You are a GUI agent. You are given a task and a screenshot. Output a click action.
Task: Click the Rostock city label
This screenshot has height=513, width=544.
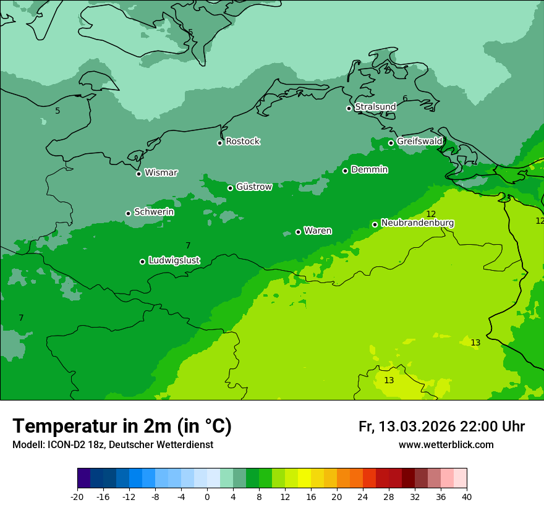[x=243, y=142]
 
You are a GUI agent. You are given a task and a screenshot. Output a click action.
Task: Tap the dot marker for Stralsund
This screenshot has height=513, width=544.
[x=349, y=108]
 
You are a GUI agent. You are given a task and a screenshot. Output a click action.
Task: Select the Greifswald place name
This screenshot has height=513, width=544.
[x=420, y=142]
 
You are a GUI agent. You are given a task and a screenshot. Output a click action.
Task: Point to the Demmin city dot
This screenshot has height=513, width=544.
[x=345, y=171]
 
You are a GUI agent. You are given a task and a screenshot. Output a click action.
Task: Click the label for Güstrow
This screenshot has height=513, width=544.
[x=254, y=187]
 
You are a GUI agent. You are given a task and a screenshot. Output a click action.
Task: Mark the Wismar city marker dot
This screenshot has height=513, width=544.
[x=138, y=174]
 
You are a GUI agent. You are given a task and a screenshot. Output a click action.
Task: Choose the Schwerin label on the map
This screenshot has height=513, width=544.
[x=154, y=212]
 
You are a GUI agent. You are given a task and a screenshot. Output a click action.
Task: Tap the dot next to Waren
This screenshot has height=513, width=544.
[x=298, y=232]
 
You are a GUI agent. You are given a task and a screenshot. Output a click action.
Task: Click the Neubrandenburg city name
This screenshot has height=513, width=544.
[x=418, y=223]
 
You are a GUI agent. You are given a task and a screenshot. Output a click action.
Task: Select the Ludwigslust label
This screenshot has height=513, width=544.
[x=174, y=261]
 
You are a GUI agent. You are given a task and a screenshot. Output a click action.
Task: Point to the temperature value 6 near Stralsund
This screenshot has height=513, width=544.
[x=405, y=99]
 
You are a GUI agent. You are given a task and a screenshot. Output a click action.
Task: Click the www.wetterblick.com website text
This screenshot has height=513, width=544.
[x=446, y=445]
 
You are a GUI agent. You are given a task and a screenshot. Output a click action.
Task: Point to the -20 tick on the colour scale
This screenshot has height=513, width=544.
[x=77, y=496]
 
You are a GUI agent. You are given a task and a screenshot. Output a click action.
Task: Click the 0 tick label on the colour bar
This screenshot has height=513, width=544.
[x=207, y=496]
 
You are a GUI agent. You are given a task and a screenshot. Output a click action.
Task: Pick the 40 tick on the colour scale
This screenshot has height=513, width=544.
[x=467, y=496]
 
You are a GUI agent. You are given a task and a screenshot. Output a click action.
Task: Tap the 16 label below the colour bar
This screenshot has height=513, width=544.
[x=311, y=496]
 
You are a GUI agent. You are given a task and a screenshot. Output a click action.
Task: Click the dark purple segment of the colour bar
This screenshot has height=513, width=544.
[x=84, y=478]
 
